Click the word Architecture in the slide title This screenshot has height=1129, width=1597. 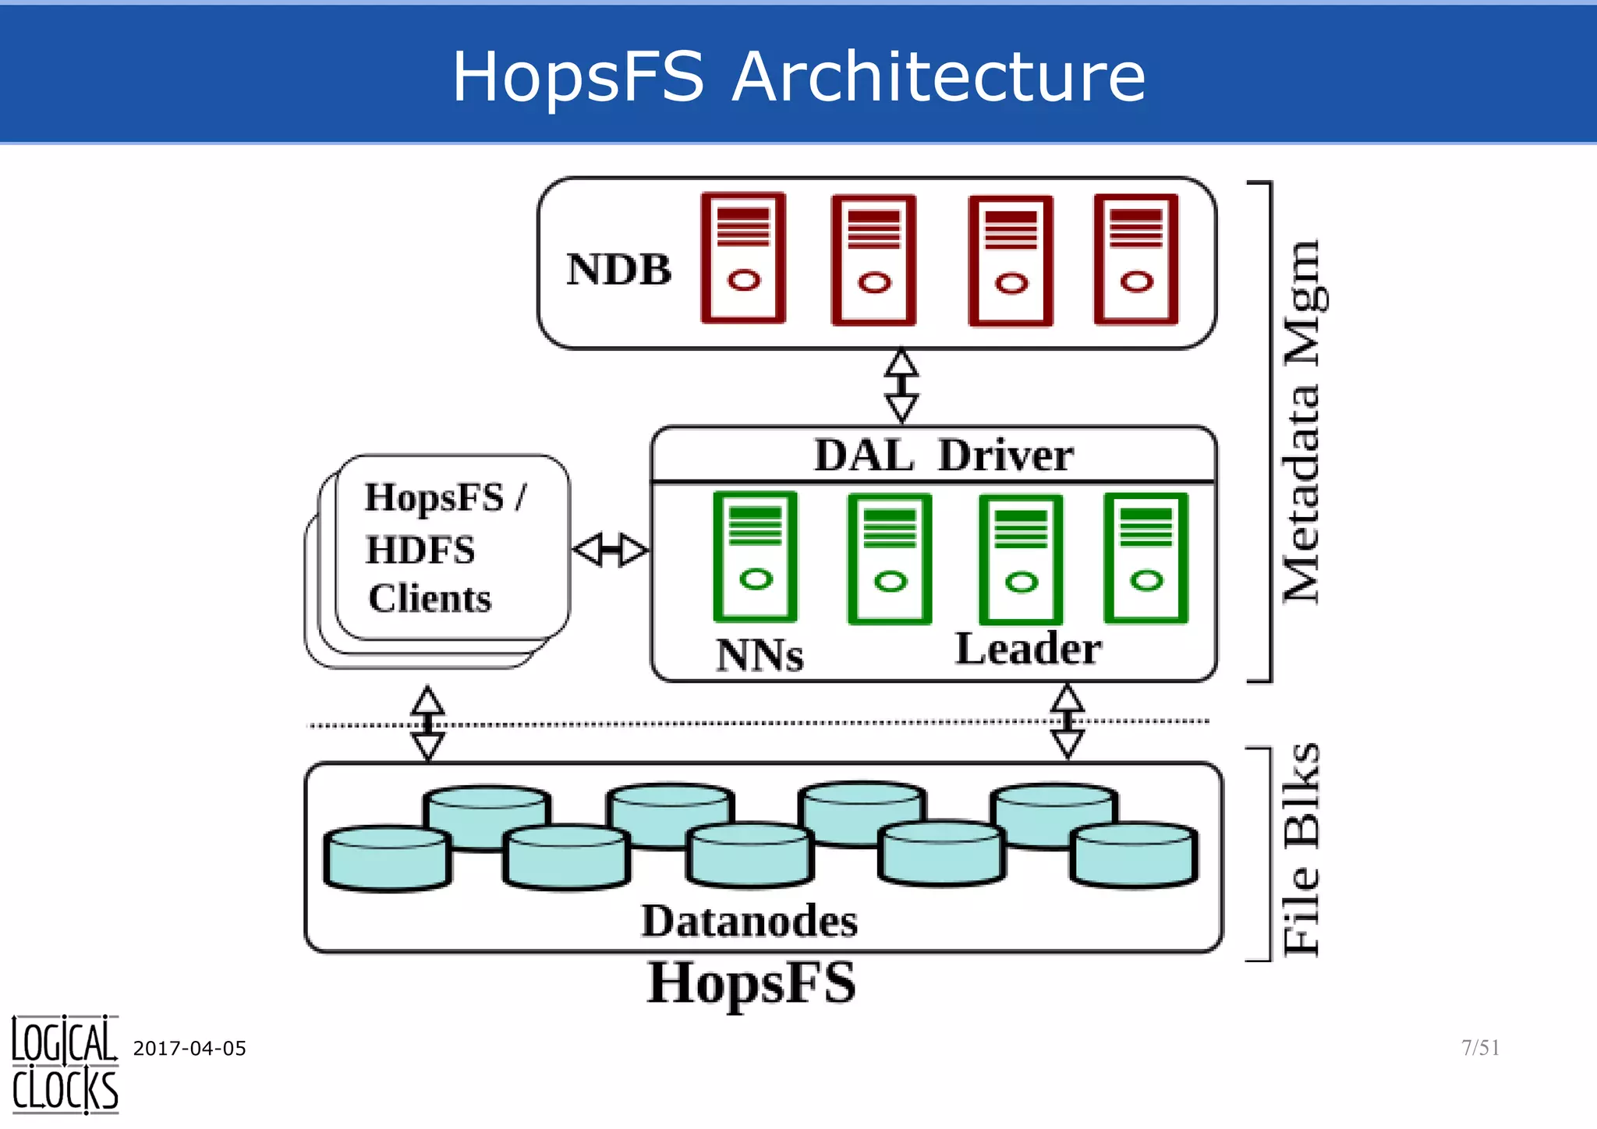(x=939, y=76)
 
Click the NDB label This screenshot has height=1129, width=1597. (x=618, y=270)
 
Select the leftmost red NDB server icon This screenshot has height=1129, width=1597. (x=743, y=258)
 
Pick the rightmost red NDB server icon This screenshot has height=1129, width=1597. (x=1136, y=259)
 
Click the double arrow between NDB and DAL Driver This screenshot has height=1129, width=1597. (x=901, y=386)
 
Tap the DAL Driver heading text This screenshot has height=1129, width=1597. (x=944, y=455)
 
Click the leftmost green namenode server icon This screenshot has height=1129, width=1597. (x=755, y=557)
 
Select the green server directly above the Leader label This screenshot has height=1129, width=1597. (x=1021, y=559)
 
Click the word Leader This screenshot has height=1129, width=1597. (x=1029, y=649)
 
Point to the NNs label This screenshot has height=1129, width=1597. (x=760, y=655)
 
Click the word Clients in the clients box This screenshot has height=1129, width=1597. (x=430, y=599)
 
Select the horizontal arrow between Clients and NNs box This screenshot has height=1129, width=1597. (x=611, y=550)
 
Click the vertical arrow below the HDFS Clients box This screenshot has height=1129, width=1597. (x=427, y=723)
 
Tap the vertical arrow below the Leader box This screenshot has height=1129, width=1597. (x=1067, y=721)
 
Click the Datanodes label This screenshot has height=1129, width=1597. (x=749, y=922)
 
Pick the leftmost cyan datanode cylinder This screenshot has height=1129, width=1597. (x=388, y=858)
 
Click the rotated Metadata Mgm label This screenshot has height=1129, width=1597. (x=1302, y=421)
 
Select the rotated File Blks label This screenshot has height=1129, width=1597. (x=1302, y=850)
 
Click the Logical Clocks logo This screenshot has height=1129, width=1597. (x=65, y=1065)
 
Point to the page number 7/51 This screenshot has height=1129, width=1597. (x=1480, y=1047)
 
